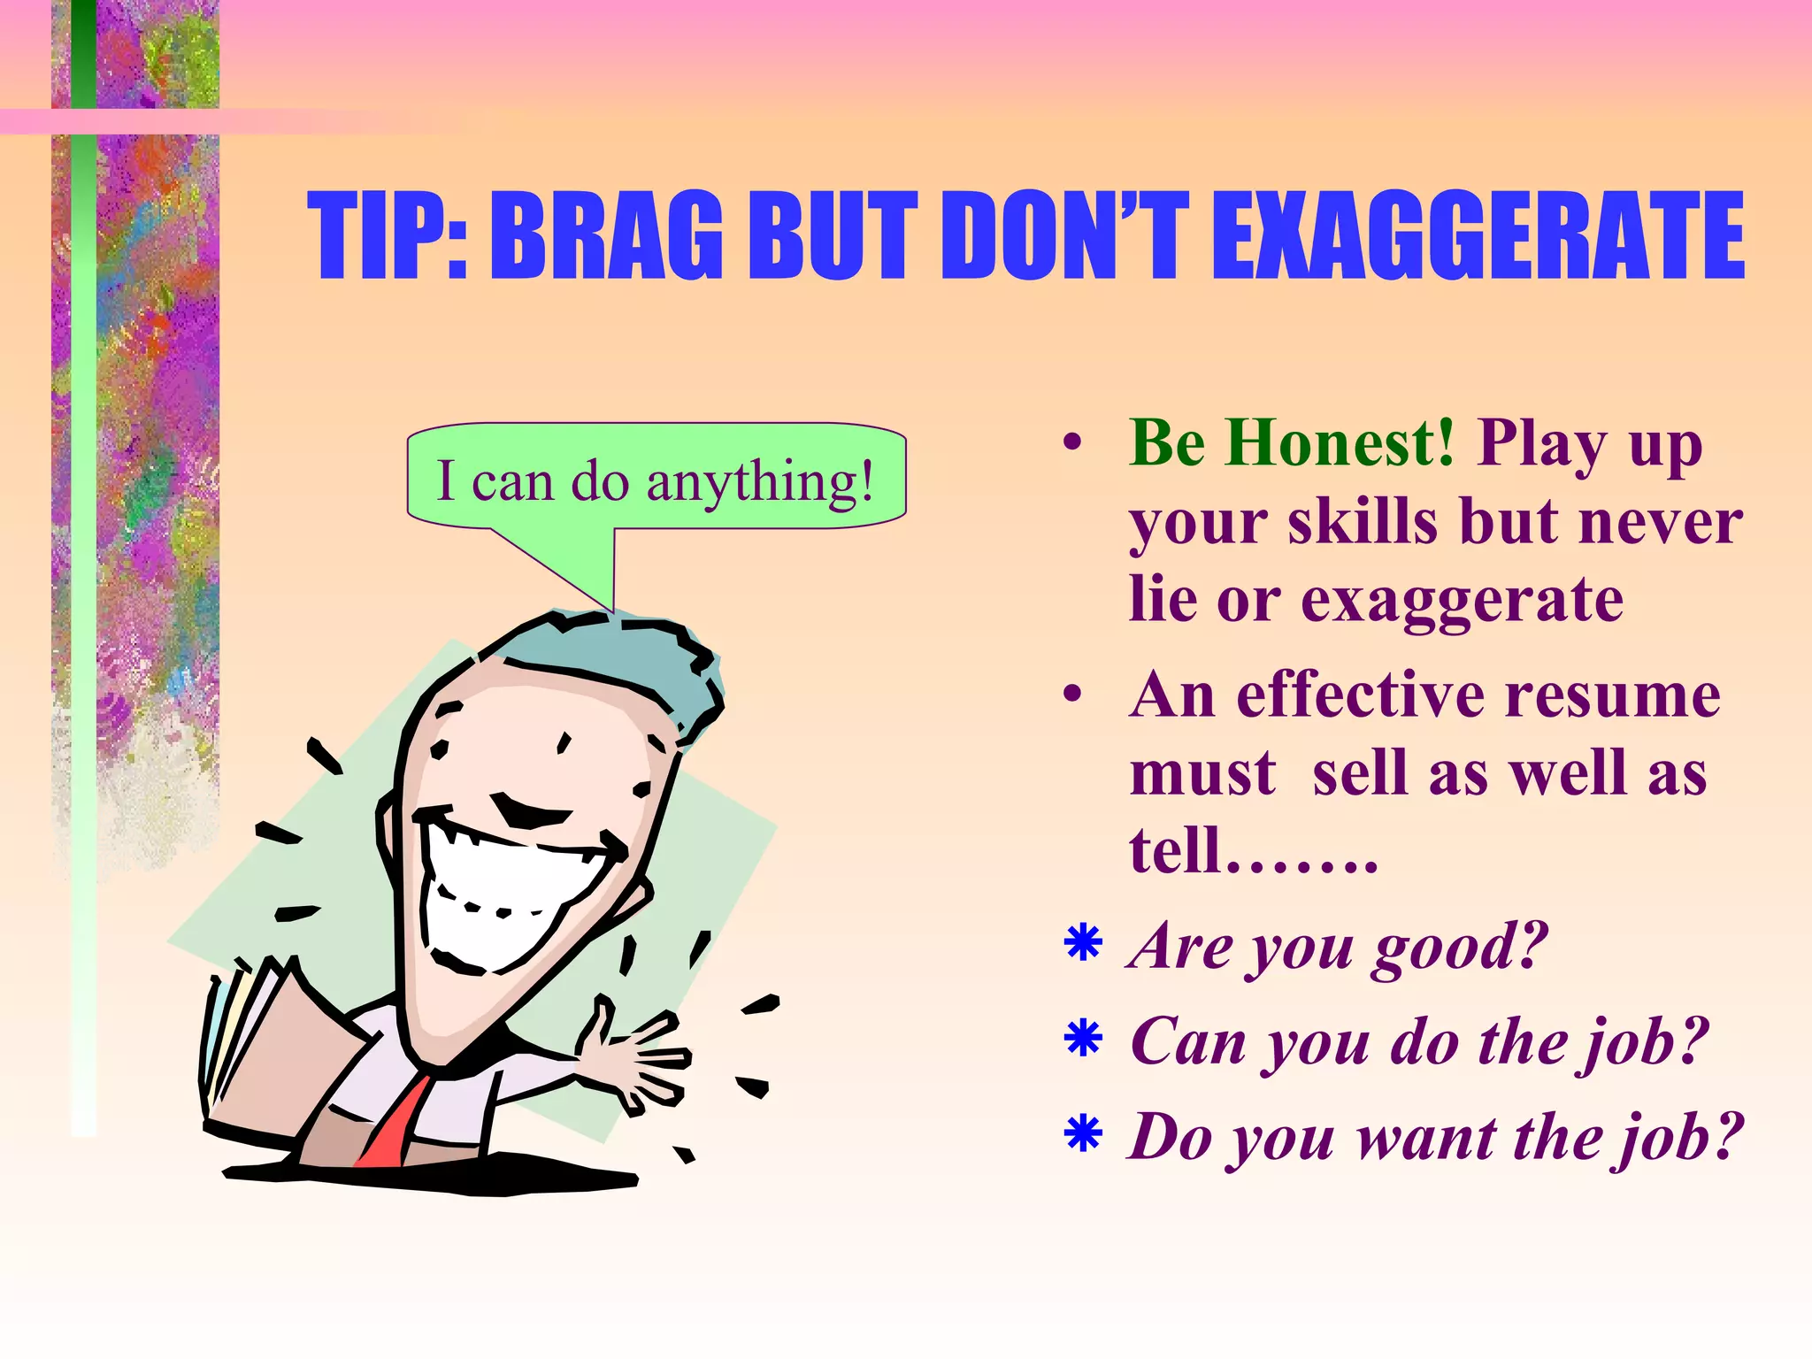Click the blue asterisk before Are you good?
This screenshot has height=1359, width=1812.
[x=1083, y=943]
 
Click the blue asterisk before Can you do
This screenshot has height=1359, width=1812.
[x=1083, y=1039]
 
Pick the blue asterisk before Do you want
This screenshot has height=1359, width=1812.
[x=1083, y=1134]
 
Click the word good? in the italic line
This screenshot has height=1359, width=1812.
[x=1460, y=947]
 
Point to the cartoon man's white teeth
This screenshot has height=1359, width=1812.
[x=495, y=894]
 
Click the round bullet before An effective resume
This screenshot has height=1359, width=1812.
[x=1072, y=695]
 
